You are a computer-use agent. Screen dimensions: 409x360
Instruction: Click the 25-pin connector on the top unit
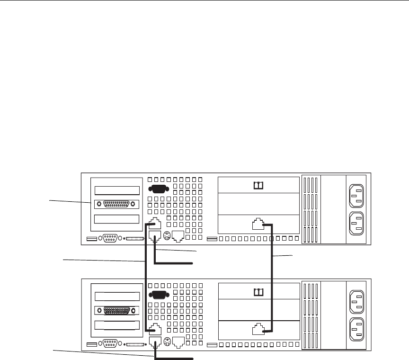click(116, 205)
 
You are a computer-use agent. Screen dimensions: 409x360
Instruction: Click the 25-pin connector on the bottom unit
click(116, 311)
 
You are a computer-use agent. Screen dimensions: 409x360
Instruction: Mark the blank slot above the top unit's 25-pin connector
click(116, 190)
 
